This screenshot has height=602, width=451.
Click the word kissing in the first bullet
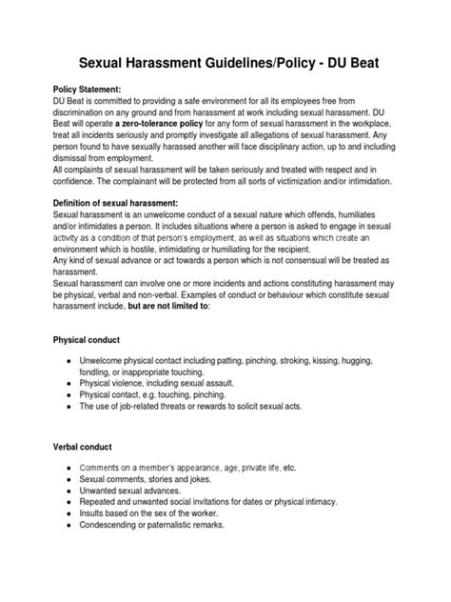click(335, 365)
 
